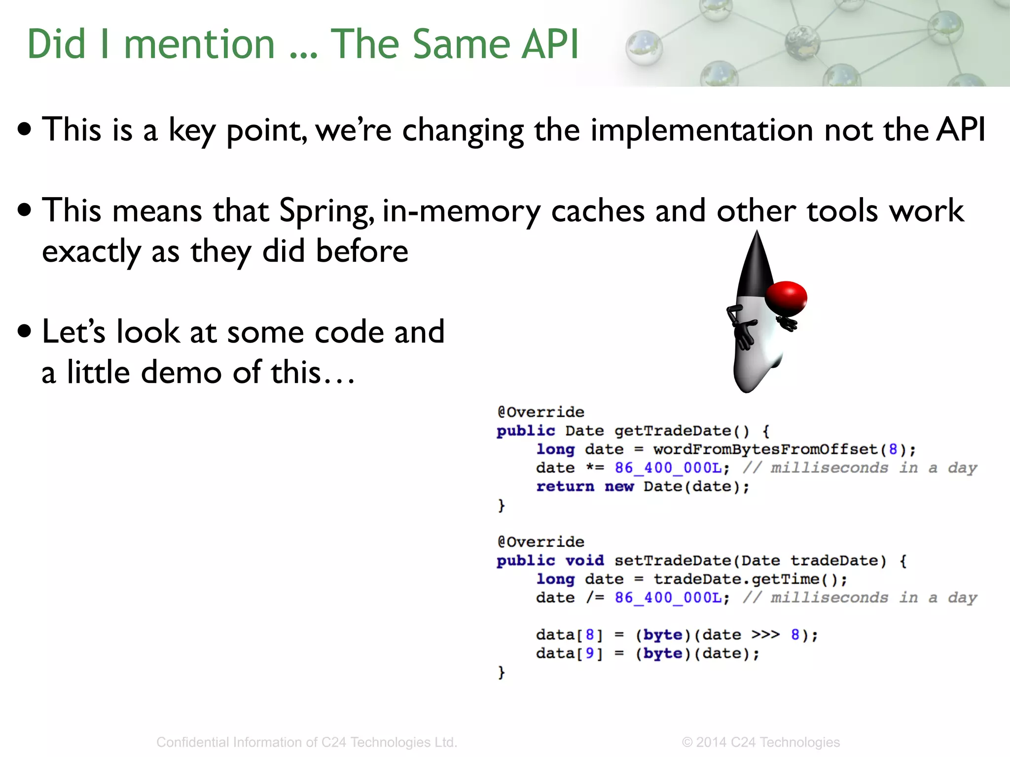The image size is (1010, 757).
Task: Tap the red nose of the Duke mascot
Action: click(786, 298)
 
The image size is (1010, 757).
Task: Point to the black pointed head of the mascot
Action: click(755, 266)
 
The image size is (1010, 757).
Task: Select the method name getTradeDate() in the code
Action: click(682, 431)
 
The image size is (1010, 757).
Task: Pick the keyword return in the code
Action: click(565, 487)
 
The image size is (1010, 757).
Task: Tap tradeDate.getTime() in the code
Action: click(750, 580)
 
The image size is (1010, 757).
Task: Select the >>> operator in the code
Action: click(765, 635)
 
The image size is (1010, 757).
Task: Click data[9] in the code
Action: click(569, 654)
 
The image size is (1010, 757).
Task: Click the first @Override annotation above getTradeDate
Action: click(541, 412)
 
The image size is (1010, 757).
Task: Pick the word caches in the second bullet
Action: click(597, 211)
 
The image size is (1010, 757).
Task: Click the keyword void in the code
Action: click(584, 561)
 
